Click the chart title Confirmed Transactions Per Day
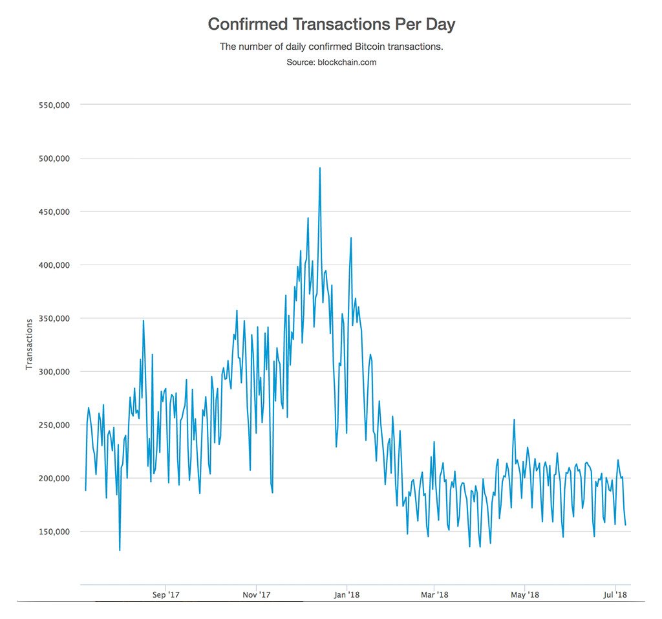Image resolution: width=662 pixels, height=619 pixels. point(331,25)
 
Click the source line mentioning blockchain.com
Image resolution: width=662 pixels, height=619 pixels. point(331,63)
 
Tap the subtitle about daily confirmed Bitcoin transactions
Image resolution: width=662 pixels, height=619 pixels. point(331,47)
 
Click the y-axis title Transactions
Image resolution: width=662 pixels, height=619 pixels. point(29,344)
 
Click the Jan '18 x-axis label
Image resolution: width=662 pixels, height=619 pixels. point(348,594)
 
